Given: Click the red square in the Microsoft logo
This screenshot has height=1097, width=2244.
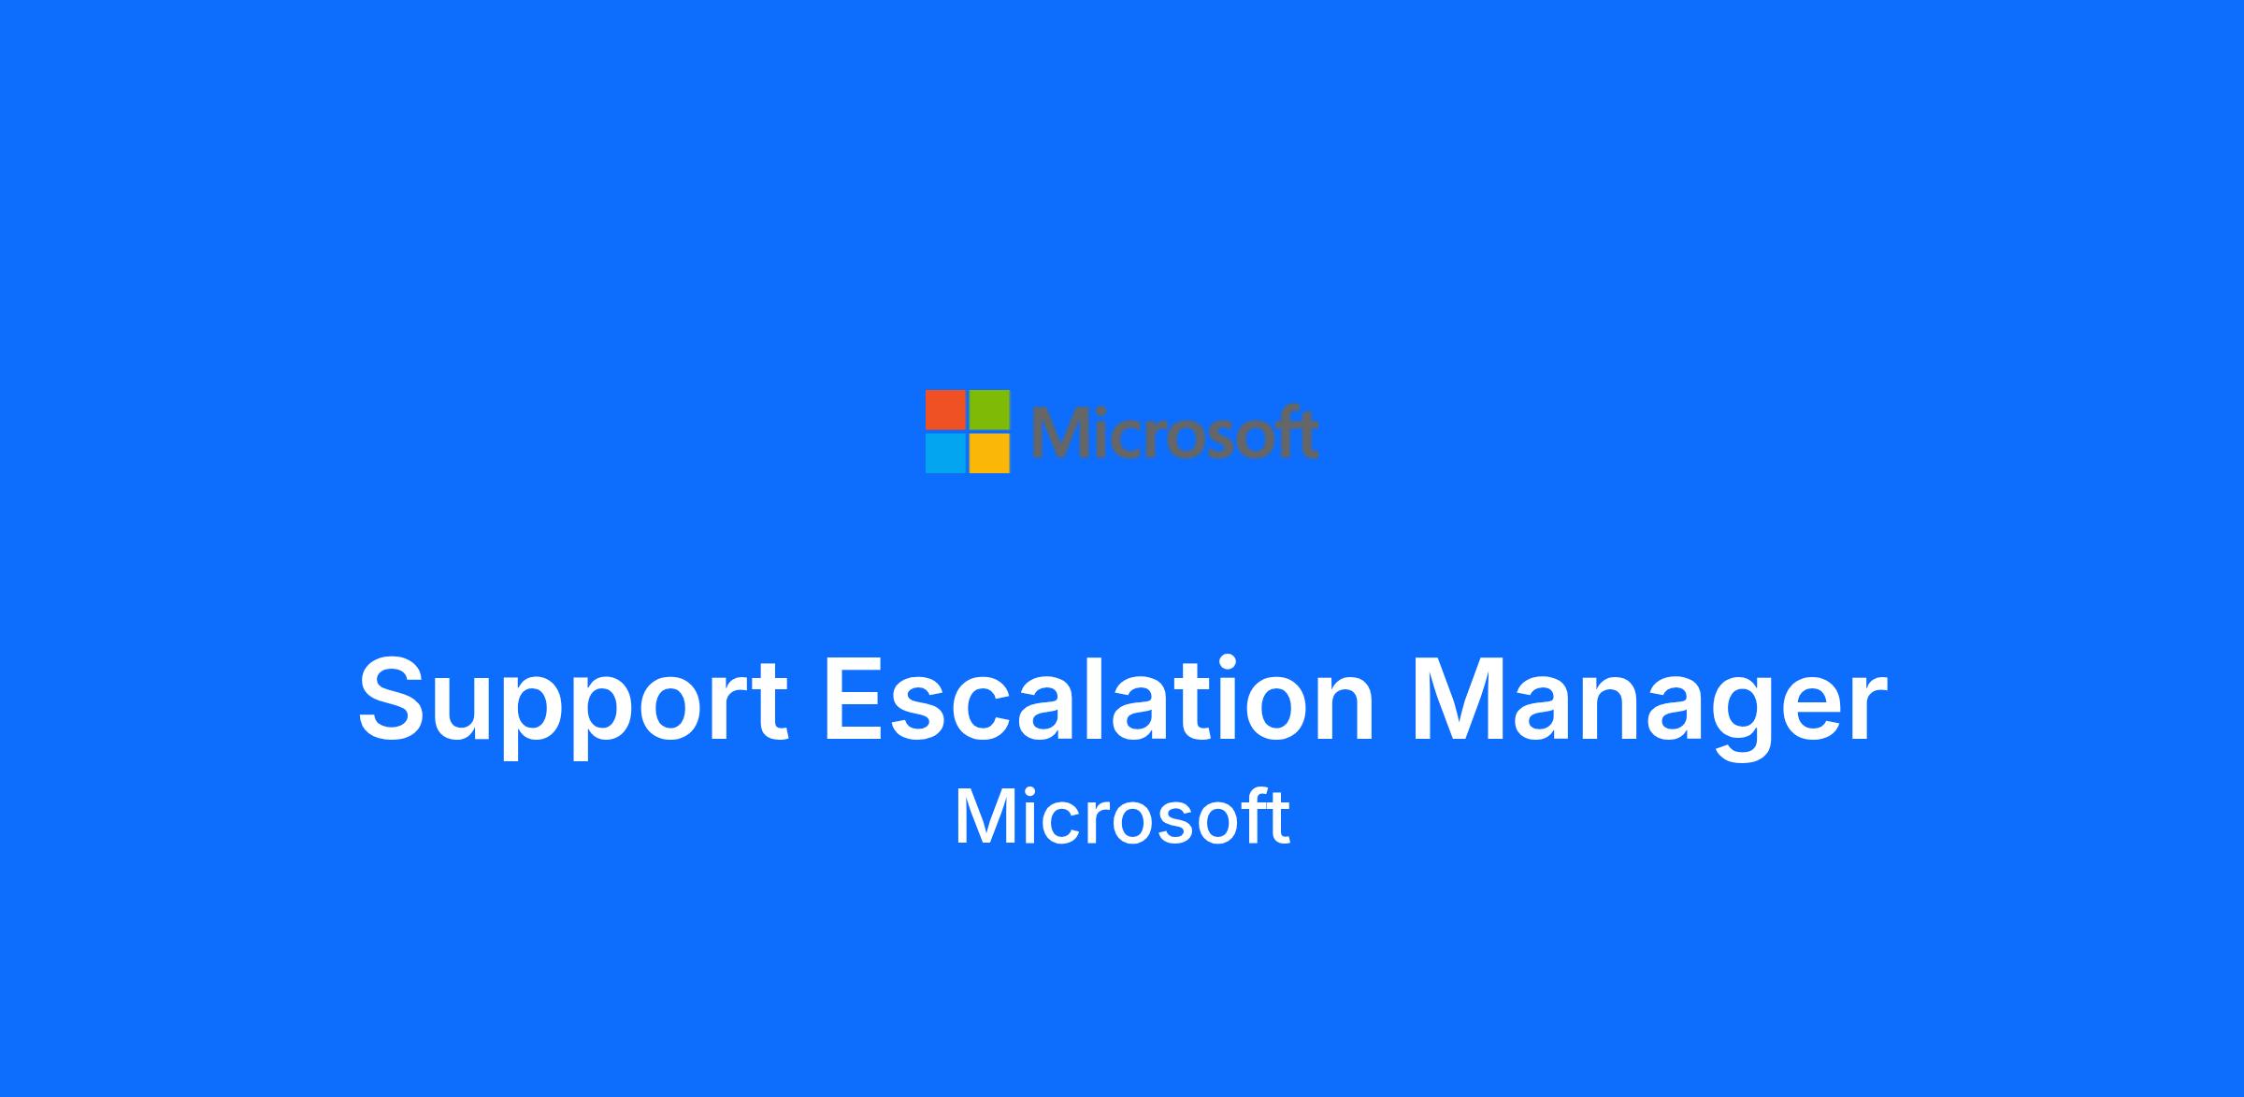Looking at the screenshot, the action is (x=945, y=410).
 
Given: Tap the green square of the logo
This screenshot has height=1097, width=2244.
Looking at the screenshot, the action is (x=989, y=410).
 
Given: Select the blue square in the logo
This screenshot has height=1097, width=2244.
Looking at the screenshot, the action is (x=945, y=454).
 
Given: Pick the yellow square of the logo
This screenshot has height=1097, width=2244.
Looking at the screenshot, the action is (x=989, y=454).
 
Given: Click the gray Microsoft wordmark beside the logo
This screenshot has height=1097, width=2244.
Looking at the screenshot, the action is (x=1174, y=432).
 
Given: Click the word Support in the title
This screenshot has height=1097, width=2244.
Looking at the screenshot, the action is (x=573, y=707).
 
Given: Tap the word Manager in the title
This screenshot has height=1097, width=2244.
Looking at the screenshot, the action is (x=1647, y=707).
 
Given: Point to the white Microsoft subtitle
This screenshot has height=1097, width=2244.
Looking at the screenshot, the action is (x=1122, y=817).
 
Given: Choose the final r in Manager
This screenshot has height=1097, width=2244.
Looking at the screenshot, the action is (x=1864, y=711).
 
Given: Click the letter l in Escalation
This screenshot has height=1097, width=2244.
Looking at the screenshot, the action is (x=1123, y=700).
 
